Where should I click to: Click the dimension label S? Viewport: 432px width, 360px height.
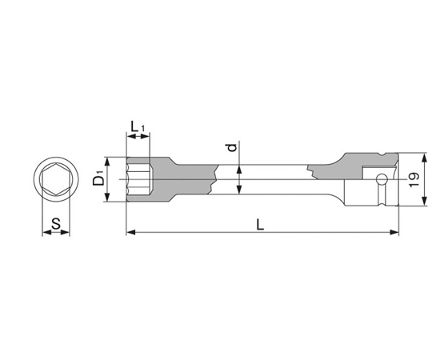coord(56,224)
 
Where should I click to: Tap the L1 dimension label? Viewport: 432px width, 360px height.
coord(138,127)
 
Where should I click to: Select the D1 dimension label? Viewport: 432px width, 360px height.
coord(98,178)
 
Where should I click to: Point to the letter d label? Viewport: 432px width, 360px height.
coord(233,147)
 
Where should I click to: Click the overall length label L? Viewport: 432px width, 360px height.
coord(260,225)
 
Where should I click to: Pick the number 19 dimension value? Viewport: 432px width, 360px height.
coord(414,179)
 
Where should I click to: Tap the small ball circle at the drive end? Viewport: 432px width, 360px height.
coord(382,179)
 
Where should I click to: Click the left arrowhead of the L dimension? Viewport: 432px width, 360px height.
coord(130,233)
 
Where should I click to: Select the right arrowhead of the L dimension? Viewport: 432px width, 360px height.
coord(394,233)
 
